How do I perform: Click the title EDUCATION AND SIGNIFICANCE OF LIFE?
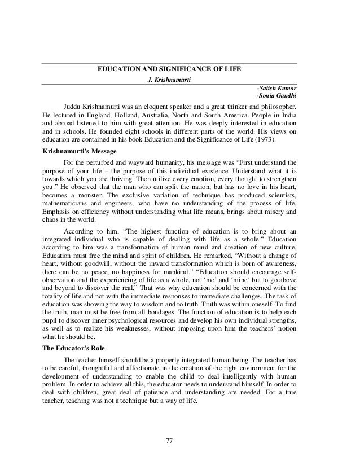[169, 68]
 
